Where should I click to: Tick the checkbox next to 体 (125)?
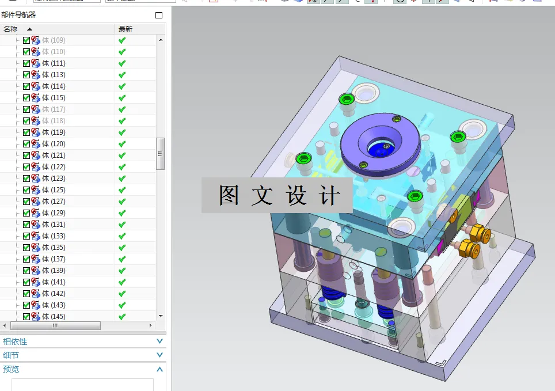(26, 190)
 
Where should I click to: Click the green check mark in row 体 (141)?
(122, 282)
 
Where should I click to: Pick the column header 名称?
(10, 29)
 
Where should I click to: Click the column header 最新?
(125, 29)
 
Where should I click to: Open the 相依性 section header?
(15, 341)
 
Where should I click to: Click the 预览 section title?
(11, 369)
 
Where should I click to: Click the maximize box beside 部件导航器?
(159, 15)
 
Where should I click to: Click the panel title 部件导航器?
(18, 15)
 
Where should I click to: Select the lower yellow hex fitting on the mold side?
(469, 249)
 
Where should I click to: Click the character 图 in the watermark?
(229, 196)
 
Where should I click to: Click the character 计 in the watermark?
(330, 196)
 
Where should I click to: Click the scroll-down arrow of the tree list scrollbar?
(161, 316)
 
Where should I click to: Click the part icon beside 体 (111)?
(36, 63)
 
